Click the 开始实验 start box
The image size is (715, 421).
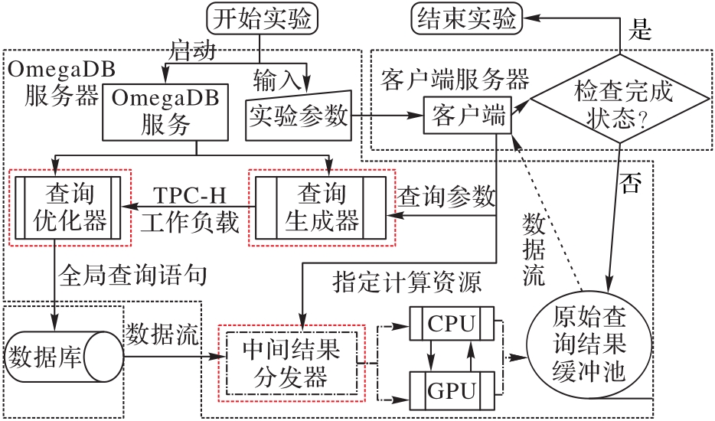262,19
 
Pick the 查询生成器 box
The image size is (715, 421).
321,207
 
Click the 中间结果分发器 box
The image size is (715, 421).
290,363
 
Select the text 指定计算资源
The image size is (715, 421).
407,284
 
